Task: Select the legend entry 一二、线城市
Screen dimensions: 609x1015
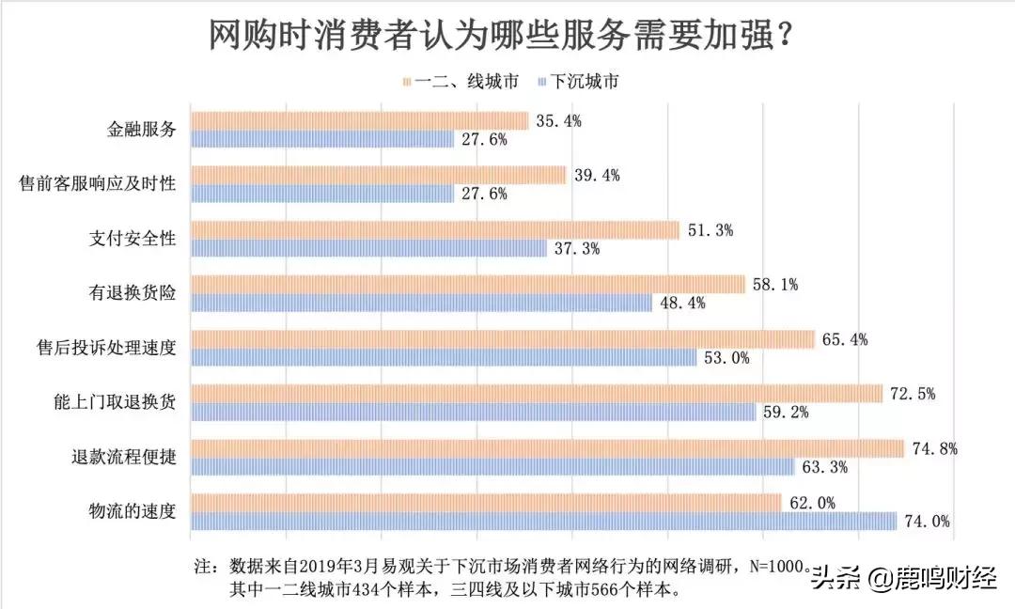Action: point(461,81)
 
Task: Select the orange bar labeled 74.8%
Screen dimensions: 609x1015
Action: point(547,448)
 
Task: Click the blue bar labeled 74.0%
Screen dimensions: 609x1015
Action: point(543,521)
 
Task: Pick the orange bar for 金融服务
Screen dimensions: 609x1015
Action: point(359,121)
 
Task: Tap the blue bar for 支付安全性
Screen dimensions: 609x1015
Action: point(368,248)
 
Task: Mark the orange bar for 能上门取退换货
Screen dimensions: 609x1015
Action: point(536,394)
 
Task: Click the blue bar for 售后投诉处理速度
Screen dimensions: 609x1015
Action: point(443,357)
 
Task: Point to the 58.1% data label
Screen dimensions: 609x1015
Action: point(774,284)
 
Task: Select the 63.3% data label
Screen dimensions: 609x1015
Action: point(823,466)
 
